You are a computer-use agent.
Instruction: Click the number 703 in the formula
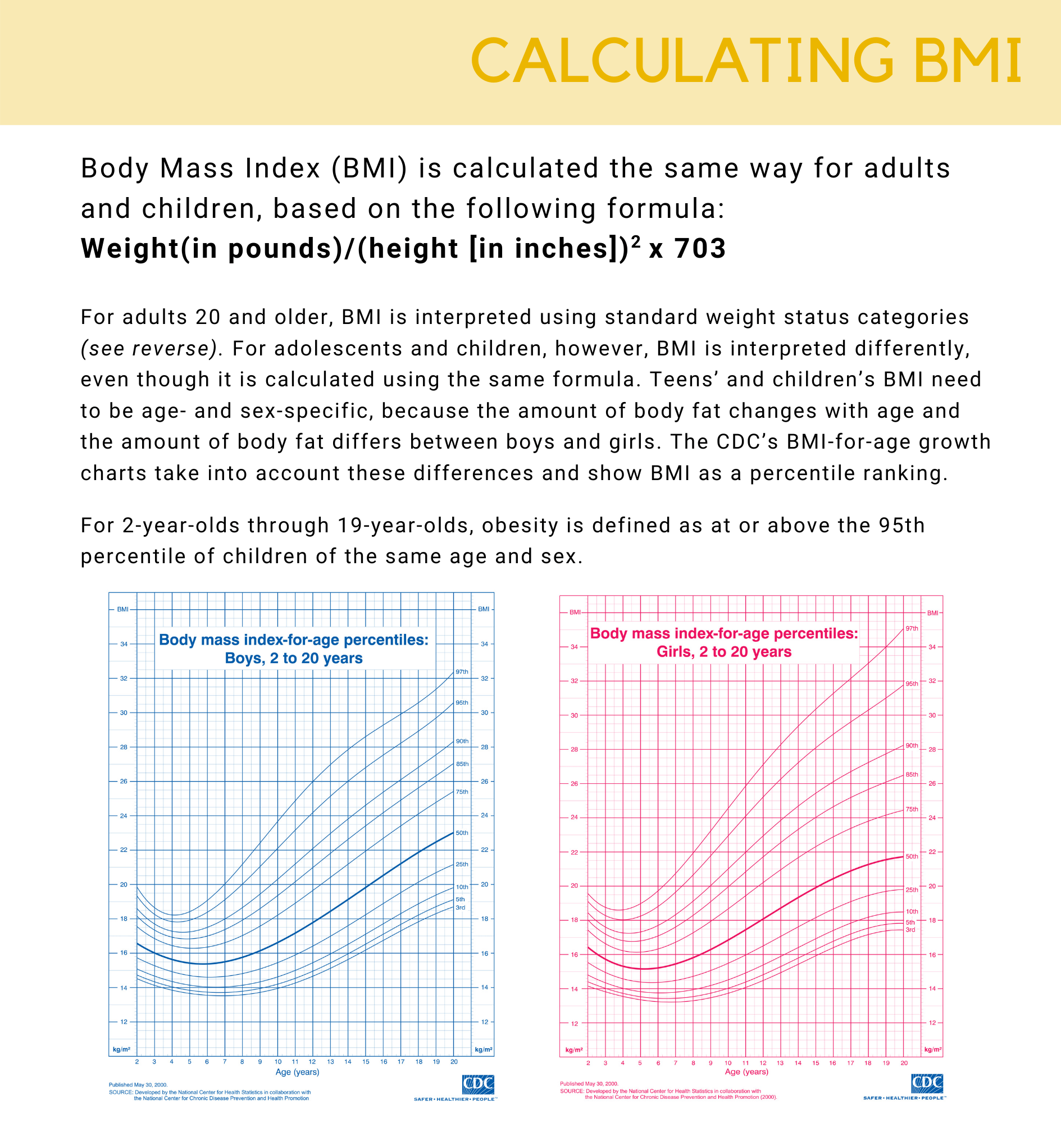[x=700, y=248]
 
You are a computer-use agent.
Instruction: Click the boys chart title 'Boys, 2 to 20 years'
[x=294, y=658]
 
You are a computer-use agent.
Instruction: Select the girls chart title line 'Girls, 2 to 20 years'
[x=724, y=651]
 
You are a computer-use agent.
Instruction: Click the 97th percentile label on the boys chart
[x=462, y=672]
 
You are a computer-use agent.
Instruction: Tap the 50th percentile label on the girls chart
[x=912, y=856]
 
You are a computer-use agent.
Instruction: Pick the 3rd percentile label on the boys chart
[x=461, y=907]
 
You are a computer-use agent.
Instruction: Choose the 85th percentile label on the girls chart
[x=912, y=774]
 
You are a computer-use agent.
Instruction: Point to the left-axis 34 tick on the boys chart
[x=124, y=643]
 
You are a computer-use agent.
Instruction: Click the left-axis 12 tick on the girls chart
[x=574, y=1024]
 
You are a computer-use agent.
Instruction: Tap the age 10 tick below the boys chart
[x=277, y=1061]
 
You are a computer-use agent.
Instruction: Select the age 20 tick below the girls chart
[x=904, y=1062]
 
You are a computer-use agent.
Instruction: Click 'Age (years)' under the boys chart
[x=297, y=1071]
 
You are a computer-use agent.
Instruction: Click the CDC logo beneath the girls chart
[x=927, y=1084]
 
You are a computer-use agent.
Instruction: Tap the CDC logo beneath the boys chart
[x=478, y=1085]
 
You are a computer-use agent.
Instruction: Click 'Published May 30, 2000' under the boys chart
[x=138, y=1085]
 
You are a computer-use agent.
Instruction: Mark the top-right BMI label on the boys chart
[x=484, y=609]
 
